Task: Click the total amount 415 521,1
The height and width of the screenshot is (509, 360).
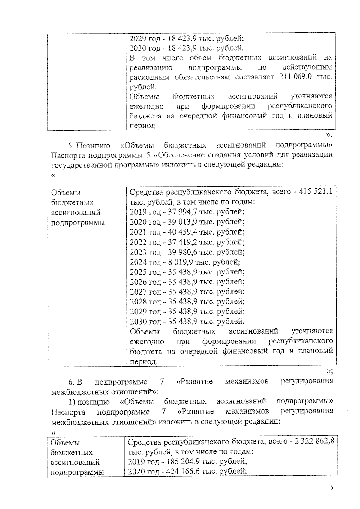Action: point(316,192)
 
